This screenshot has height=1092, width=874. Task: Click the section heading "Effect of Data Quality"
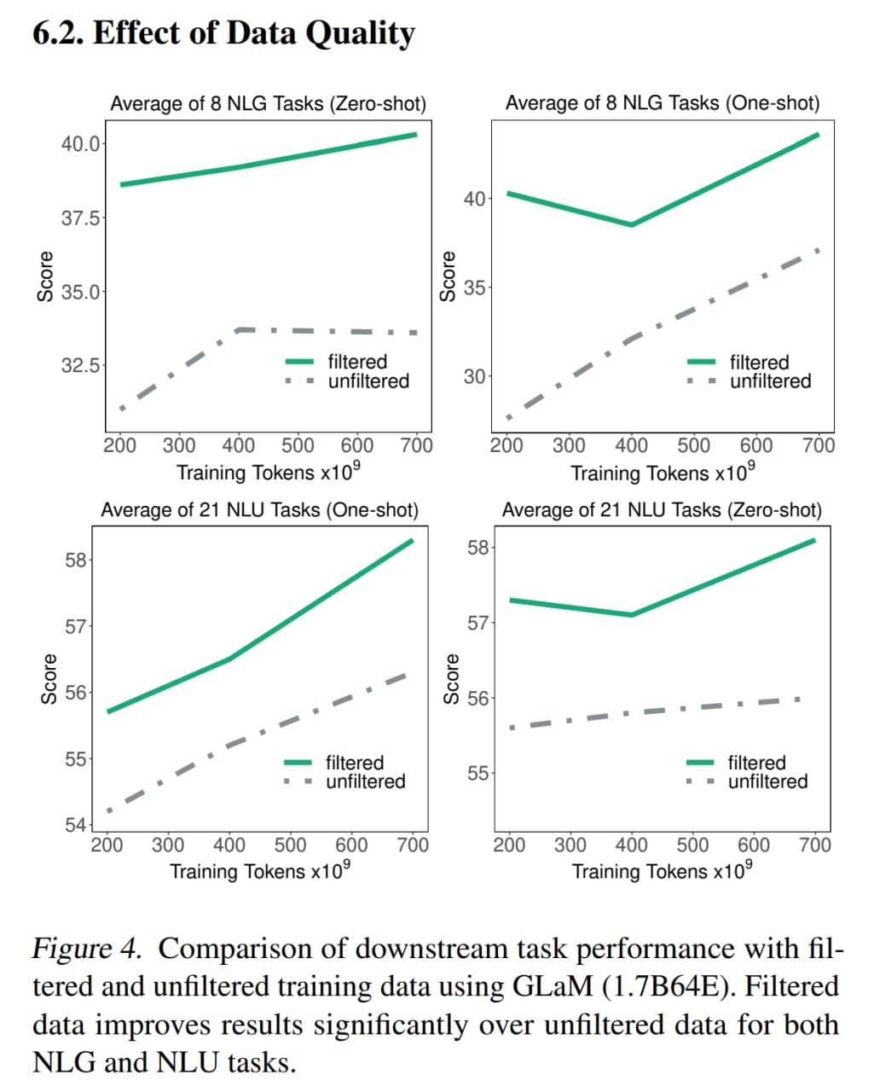253,33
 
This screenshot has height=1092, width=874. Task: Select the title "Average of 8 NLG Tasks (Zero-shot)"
268,104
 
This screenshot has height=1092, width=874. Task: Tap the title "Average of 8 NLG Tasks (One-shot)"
663,103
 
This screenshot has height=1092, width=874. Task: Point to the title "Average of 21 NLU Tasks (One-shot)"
259,510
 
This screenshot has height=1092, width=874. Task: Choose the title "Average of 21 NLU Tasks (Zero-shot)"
662,510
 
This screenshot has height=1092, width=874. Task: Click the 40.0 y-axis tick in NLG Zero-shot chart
80,143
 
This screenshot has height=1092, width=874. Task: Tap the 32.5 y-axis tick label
80,365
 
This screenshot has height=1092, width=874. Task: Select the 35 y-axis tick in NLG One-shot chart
474,288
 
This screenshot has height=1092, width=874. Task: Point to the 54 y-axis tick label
76,824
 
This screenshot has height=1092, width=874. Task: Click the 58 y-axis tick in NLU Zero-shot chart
478,548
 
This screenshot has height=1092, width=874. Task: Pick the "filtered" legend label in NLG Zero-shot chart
357,362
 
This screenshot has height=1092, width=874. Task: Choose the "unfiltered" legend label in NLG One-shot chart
770,381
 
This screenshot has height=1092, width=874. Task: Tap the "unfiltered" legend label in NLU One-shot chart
365,781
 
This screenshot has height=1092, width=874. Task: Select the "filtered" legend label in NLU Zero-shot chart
756,763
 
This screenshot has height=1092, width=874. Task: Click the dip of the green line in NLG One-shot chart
631,224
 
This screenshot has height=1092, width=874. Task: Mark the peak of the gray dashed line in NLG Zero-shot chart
241,328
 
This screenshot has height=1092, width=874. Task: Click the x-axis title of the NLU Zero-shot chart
662,871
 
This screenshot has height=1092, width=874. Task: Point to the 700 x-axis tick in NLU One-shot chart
413,845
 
